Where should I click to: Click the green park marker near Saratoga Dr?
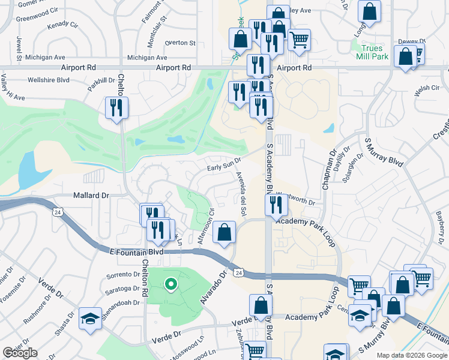click(170, 284)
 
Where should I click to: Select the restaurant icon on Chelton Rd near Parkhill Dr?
click(115, 108)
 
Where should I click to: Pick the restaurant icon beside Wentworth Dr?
click(276, 205)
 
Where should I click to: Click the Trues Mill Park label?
click(375, 52)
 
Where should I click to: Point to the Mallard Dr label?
click(91, 196)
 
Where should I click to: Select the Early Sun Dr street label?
click(224, 160)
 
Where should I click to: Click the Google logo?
click(20, 353)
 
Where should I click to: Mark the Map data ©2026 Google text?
click(411, 355)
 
